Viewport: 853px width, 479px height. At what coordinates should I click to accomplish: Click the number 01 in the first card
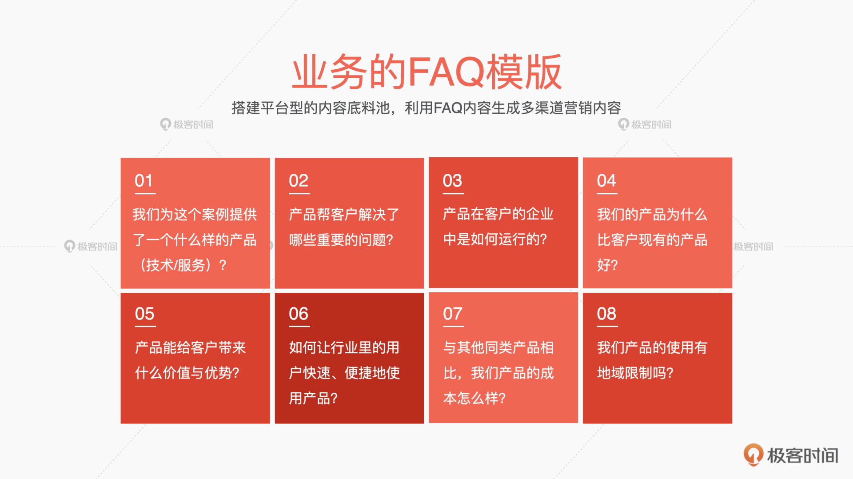pyautogui.click(x=143, y=181)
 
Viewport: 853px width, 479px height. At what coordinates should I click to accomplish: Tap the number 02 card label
pyautogui.click(x=298, y=181)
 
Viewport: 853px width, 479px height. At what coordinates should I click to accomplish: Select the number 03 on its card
pyautogui.click(x=452, y=181)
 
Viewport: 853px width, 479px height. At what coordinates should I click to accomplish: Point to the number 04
pyautogui.click(x=606, y=181)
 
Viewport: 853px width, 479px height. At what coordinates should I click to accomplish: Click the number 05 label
pyautogui.click(x=144, y=314)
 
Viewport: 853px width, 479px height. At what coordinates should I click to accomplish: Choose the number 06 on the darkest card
pyautogui.click(x=299, y=314)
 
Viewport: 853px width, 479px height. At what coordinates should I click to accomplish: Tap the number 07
pyautogui.click(x=453, y=314)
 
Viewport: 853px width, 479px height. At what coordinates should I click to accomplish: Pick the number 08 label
pyautogui.click(x=606, y=314)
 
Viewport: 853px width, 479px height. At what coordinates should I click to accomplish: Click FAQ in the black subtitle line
pyautogui.click(x=448, y=108)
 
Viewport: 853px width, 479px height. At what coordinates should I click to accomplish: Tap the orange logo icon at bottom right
pyautogui.click(x=753, y=455)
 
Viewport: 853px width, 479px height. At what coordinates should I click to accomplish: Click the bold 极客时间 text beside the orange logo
pyautogui.click(x=803, y=455)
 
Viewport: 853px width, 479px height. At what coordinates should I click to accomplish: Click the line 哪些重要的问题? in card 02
pyautogui.click(x=341, y=240)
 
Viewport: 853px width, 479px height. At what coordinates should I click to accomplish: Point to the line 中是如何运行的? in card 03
pyautogui.click(x=495, y=239)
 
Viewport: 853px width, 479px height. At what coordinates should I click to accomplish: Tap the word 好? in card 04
pyautogui.click(x=607, y=265)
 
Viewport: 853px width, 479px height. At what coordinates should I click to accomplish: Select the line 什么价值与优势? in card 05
pyautogui.click(x=187, y=373)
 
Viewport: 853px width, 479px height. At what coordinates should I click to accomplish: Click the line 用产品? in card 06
pyautogui.click(x=313, y=398)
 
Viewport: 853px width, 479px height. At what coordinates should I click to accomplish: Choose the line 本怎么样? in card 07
pyautogui.click(x=474, y=398)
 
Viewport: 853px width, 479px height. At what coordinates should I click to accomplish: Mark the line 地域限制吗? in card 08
pyautogui.click(x=635, y=373)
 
